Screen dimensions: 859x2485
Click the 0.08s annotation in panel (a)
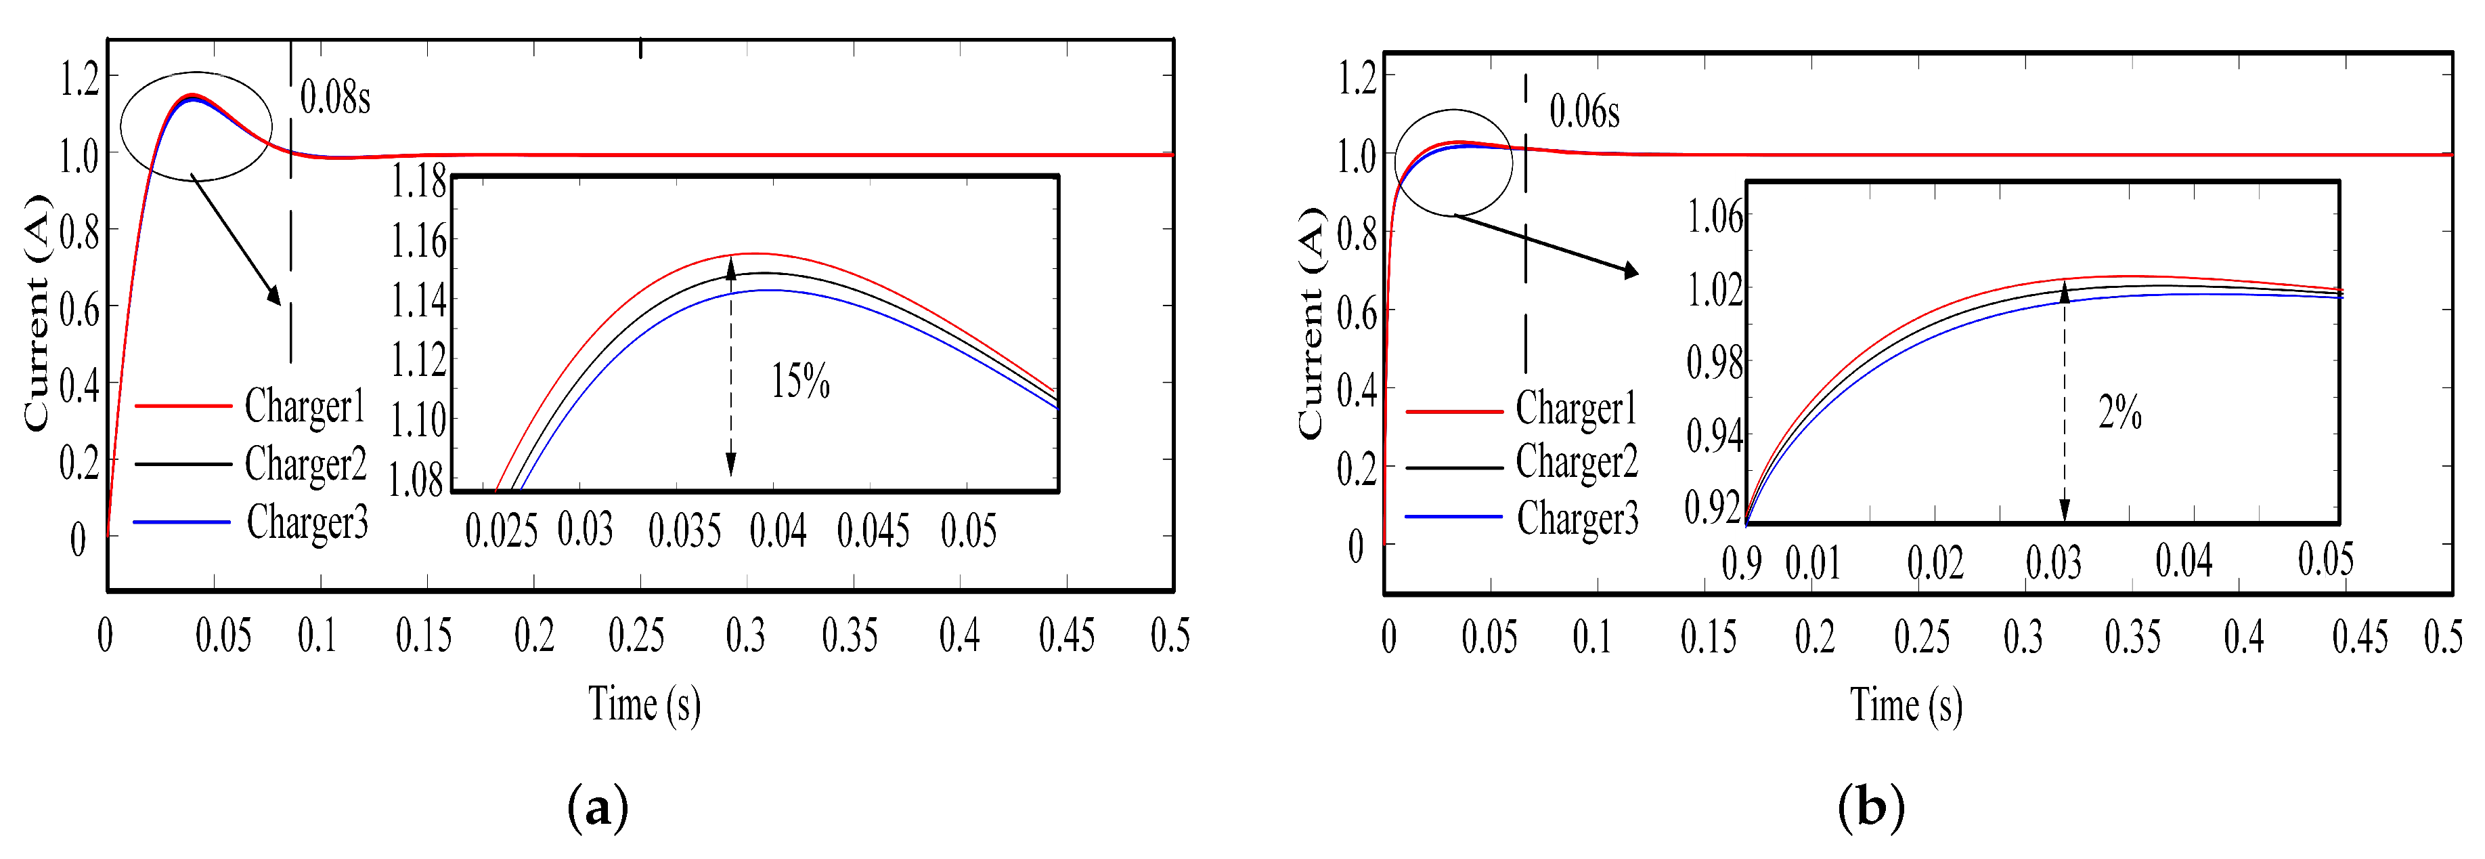pos(335,98)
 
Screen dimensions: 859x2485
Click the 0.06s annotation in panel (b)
pos(1584,112)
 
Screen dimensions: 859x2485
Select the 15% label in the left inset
pos(799,381)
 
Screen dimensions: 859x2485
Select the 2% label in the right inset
pos(2119,413)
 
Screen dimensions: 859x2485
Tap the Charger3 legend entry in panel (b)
pos(1577,518)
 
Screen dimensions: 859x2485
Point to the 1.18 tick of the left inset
pos(418,182)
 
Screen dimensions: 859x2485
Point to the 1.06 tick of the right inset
pos(1715,216)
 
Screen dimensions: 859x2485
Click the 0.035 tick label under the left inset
pos(684,531)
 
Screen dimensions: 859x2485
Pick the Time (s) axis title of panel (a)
pos(644,705)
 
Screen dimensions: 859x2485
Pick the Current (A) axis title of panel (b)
pos(1311,323)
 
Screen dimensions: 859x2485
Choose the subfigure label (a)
pos(598,807)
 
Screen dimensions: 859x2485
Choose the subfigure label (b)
pos(1870,807)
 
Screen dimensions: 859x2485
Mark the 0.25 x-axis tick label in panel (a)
pos(636,636)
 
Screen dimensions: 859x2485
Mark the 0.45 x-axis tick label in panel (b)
pos(2360,637)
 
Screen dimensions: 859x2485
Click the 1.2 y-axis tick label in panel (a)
pos(79,78)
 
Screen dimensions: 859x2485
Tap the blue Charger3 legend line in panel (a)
pos(182,522)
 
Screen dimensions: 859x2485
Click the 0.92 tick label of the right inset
pos(1713,507)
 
